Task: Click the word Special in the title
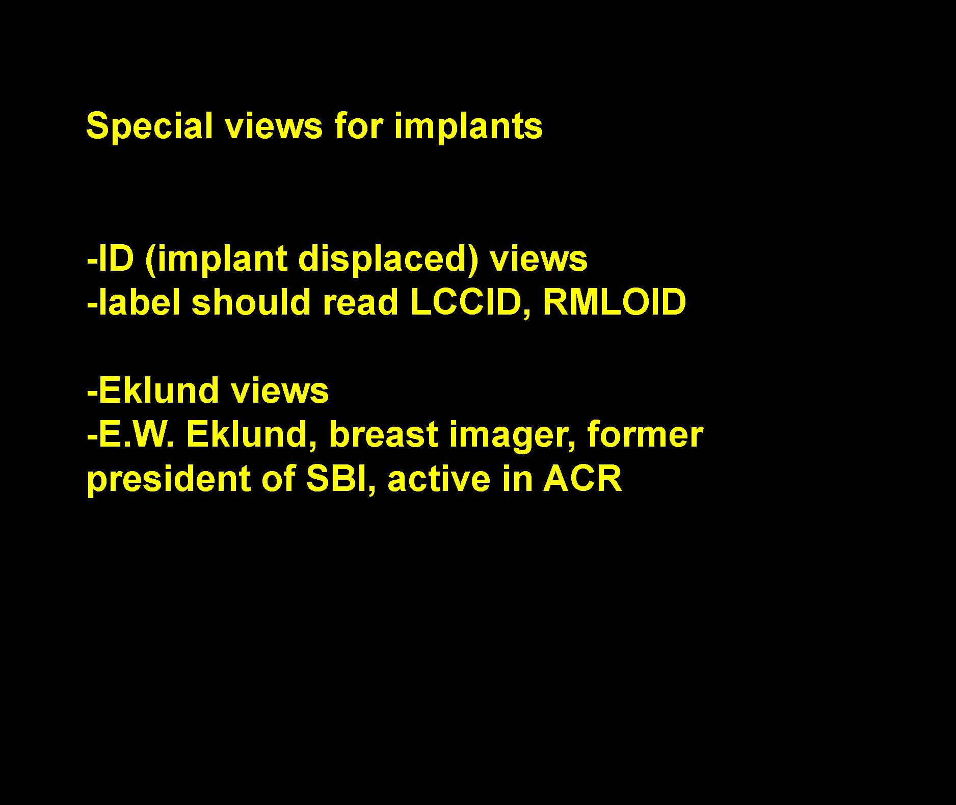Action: click(x=149, y=126)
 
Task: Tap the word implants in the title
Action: click(x=468, y=126)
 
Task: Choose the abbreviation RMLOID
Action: click(x=615, y=302)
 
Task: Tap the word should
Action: click(x=251, y=302)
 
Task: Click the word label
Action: click(x=139, y=302)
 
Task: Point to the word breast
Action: click(x=384, y=434)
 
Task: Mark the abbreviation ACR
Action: click(x=582, y=479)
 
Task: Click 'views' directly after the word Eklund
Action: click(x=280, y=391)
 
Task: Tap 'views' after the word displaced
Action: click(x=539, y=258)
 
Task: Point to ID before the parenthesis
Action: click(x=116, y=258)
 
